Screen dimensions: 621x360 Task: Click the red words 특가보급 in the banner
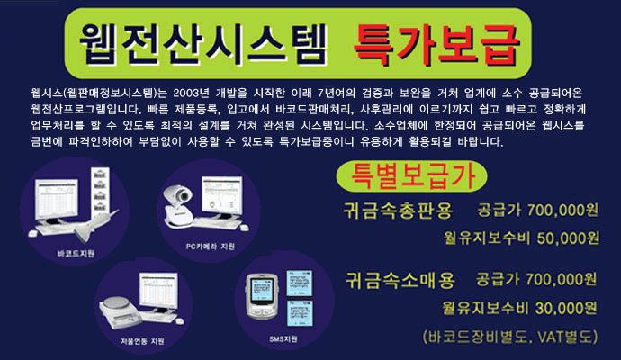pyautogui.click(x=436, y=45)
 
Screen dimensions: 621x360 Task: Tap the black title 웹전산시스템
pyautogui.click(x=203, y=44)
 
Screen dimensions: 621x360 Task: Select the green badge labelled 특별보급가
pyautogui.click(x=411, y=175)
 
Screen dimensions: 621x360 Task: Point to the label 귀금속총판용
pyautogui.click(x=398, y=211)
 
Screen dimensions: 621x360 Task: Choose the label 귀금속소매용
pyautogui.click(x=400, y=280)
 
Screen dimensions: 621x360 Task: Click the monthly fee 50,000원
pyautogui.click(x=568, y=238)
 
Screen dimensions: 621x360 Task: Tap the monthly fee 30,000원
pyautogui.click(x=566, y=308)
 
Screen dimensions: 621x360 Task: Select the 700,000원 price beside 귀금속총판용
pyautogui.click(x=562, y=211)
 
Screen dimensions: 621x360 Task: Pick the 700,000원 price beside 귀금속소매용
pyautogui.click(x=562, y=279)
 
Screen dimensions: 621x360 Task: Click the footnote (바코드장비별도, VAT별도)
pyautogui.click(x=510, y=337)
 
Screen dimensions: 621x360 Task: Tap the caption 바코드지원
pyautogui.click(x=76, y=254)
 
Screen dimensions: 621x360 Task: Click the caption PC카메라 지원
pyautogui.click(x=211, y=247)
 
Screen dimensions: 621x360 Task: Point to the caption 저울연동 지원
pyautogui.click(x=142, y=340)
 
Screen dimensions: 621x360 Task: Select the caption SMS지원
pyautogui.click(x=283, y=339)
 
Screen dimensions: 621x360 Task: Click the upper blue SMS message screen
pyautogui.click(x=300, y=283)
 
